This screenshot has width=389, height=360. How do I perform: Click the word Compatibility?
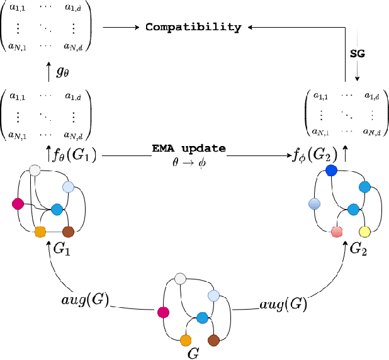(193, 27)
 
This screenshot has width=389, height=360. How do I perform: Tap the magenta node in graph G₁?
(18, 203)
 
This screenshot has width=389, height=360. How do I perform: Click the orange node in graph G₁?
(40, 231)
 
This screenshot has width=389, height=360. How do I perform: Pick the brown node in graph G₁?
(69, 232)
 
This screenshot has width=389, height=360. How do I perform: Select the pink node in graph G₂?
(337, 232)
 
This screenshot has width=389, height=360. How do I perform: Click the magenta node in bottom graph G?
(164, 312)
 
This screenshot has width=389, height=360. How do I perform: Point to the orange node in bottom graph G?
(186, 340)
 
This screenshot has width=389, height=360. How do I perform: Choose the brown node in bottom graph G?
(214, 340)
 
